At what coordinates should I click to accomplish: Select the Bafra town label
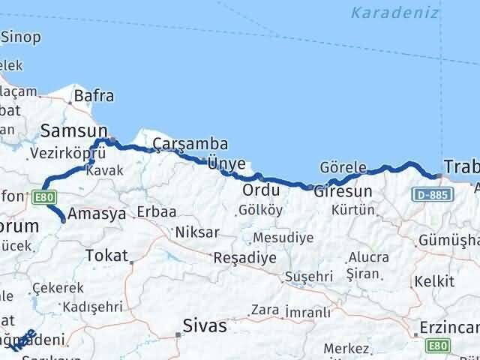[x=93, y=96]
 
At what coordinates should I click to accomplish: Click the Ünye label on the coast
[x=226, y=163]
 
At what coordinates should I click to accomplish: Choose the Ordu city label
[x=255, y=190]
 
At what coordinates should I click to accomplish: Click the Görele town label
[x=343, y=167]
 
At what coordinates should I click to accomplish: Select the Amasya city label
[x=97, y=214]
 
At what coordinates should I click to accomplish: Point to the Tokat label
[x=107, y=256]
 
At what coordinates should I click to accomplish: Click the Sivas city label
[x=205, y=326]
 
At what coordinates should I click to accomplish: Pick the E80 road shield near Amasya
[x=44, y=198]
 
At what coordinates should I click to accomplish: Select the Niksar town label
[x=196, y=232]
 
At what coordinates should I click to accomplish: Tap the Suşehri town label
[x=308, y=277]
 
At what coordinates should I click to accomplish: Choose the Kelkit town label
[x=439, y=281]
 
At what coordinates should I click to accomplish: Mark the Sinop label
[x=21, y=37]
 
